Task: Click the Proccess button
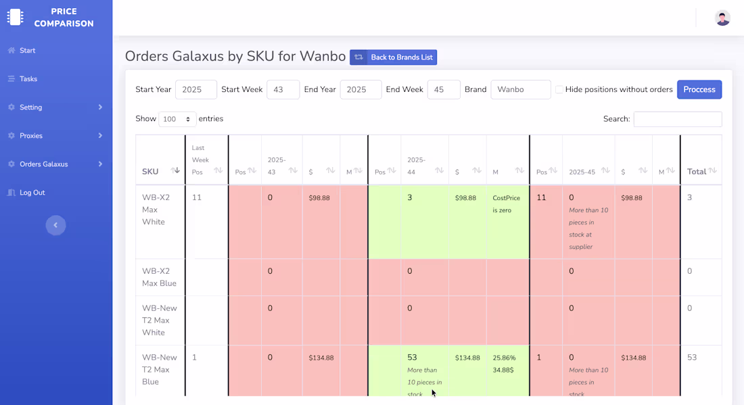point(699,89)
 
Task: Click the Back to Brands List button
point(393,57)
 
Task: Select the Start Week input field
point(283,89)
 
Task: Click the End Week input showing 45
point(443,89)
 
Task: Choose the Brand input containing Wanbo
point(520,89)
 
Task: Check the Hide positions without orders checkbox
point(559,89)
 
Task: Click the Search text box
point(677,119)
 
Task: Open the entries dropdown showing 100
point(177,119)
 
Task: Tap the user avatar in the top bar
point(722,18)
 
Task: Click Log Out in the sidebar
point(32,193)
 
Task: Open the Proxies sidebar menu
point(31,136)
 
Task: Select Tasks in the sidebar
point(28,79)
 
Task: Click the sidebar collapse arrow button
point(55,225)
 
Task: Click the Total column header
point(697,172)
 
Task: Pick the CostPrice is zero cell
point(506,204)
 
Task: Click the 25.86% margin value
point(505,358)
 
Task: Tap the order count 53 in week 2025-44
point(412,357)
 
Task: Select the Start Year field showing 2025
point(195,89)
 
